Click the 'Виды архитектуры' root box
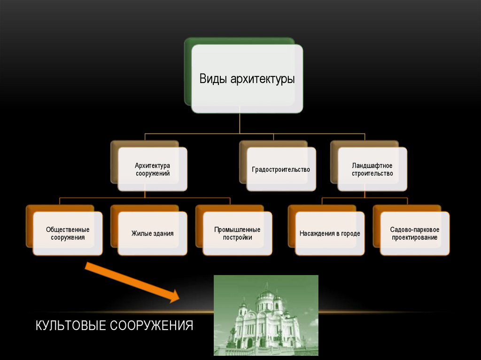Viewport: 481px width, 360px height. pyautogui.click(x=247, y=78)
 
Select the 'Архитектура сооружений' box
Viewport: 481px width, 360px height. pyautogui.click(x=153, y=169)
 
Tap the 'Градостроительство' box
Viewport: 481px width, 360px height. pyautogui.click(x=281, y=169)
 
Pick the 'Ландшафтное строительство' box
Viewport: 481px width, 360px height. pyautogui.click(x=372, y=169)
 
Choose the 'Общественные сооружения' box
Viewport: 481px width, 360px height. pyautogui.click(x=68, y=233)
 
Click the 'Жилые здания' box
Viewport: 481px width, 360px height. pyautogui.click(x=153, y=233)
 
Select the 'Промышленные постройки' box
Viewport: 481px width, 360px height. pyautogui.click(x=237, y=233)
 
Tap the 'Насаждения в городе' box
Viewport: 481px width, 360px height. pyautogui.click(x=330, y=233)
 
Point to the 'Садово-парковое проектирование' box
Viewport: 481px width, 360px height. pyautogui.click(x=414, y=233)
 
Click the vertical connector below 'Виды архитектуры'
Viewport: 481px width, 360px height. pyautogui.click(x=240, y=123)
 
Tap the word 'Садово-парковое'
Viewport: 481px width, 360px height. pyautogui.click(x=414, y=230)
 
